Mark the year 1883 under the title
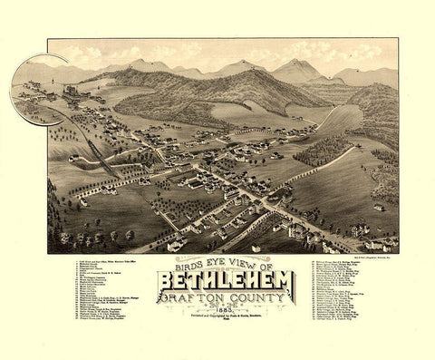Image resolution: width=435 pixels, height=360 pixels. [226, 316]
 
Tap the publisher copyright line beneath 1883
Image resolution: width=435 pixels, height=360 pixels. [226, 324]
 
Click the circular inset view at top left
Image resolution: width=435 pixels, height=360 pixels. [41, 88]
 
